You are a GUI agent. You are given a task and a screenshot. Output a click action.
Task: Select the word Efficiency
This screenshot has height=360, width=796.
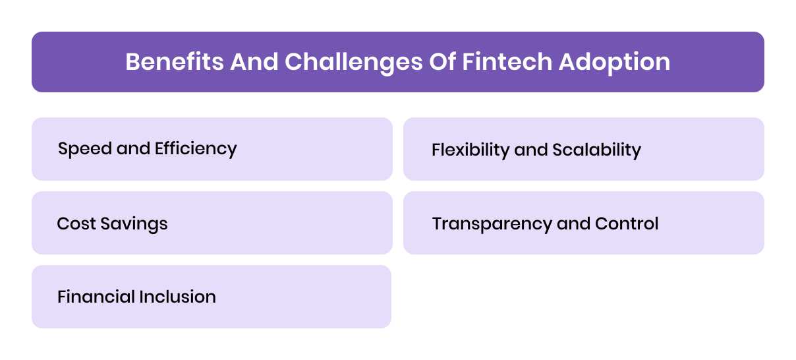point(196,149)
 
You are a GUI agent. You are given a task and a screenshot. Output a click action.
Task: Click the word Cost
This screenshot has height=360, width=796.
point(72,224)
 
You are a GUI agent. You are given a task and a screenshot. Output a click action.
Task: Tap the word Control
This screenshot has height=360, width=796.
point(627,224)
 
